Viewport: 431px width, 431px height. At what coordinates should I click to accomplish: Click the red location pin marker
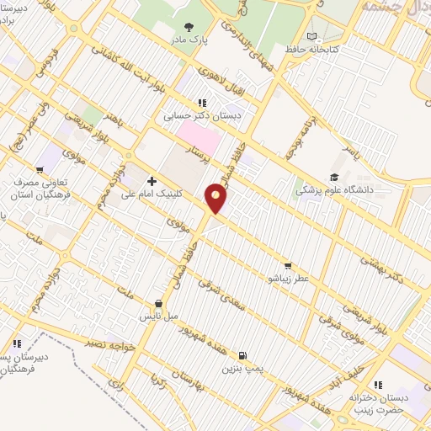pyautogui.click(x=217, y=199)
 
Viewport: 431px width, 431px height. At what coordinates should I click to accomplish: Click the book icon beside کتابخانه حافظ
pyautogui.click(x=313, y=36)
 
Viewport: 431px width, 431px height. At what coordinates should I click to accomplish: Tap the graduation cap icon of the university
pyautogui.click(x=334, y=177)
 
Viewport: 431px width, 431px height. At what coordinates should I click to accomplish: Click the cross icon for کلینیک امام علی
pyautogui.click(x=152, y=181)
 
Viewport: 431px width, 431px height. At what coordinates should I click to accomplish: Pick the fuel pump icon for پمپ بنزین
pyautogui.click(x=243, y=356)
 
